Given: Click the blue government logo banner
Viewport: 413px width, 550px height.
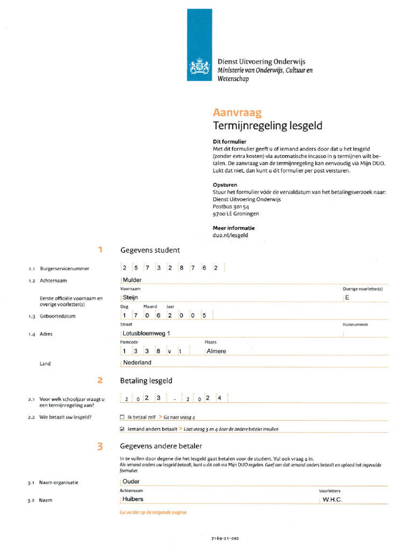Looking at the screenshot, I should [200, 45].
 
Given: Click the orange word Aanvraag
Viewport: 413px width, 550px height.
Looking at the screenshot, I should [237, 113].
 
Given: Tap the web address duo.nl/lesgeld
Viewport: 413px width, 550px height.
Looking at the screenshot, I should [230, 235].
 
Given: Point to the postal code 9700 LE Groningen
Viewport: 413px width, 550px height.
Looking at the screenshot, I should [236, 213].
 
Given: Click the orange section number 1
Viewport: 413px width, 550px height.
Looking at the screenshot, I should [100, 250].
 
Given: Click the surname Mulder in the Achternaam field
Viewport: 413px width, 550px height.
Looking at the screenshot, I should [132, 280].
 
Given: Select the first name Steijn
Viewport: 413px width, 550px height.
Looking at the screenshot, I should [131, 297].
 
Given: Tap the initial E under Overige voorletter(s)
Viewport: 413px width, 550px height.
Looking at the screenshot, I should [347, 297].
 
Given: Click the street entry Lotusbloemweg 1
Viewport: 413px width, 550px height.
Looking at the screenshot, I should [146, 334].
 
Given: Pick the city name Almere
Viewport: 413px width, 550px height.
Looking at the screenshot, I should [216, 351].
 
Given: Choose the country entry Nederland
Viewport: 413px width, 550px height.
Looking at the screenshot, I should [137, 363].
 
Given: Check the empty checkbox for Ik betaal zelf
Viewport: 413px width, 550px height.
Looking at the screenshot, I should [122, 417].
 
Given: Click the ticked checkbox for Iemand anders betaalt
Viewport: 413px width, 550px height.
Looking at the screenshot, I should [122, 429].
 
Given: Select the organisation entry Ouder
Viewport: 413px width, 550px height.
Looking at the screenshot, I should [131, 482].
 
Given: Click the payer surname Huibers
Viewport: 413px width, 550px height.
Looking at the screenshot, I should [133, 499].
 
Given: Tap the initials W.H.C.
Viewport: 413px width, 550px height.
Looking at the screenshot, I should [332, 500].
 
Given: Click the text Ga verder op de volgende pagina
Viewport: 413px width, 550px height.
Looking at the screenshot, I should [153, 512].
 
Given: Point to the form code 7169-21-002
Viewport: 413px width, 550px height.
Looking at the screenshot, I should [226, 538].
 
